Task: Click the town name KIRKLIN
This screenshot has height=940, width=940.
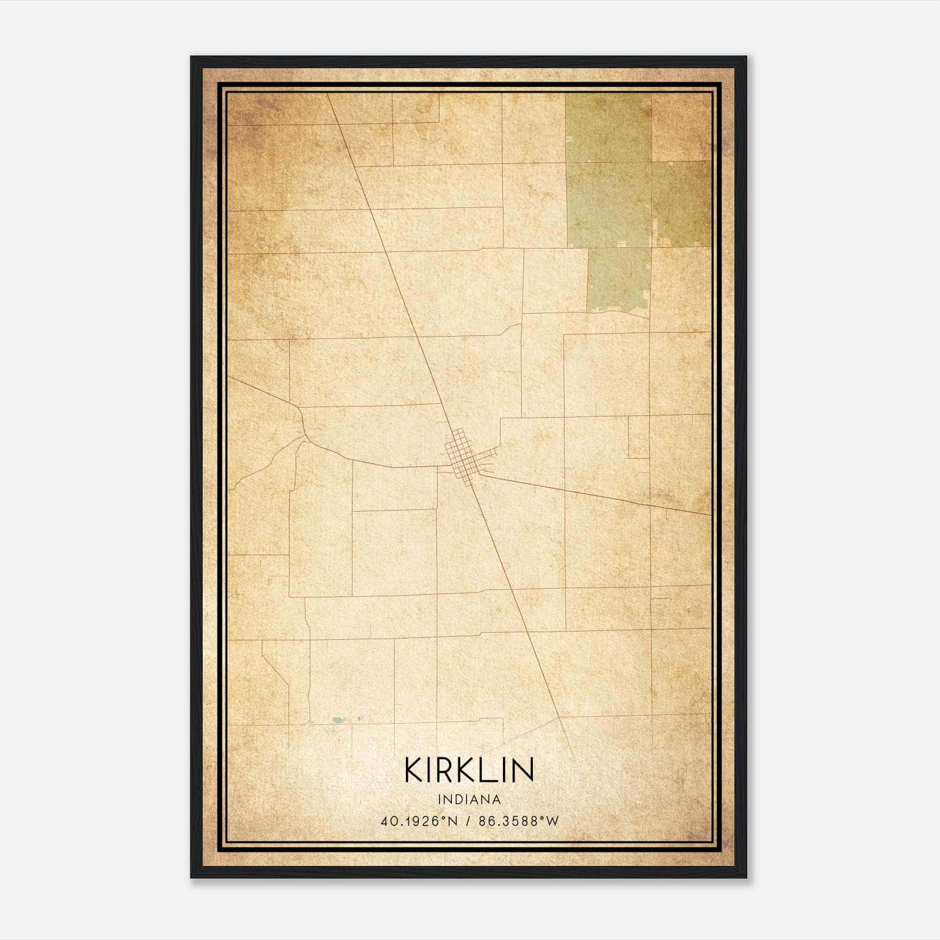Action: coord(469,770)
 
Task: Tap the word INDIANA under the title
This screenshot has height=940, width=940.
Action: coord(469,800)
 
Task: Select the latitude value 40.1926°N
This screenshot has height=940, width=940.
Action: coord(418,821)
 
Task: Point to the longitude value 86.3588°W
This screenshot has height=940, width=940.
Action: coord(519,821)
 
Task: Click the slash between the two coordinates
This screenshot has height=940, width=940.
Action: coord(468,821)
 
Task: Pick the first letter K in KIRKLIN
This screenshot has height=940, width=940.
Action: coord(414,770)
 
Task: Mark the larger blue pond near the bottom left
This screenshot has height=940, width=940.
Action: coord(337,719)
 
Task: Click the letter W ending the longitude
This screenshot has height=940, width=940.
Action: coord(552,821)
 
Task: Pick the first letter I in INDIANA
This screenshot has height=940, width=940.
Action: coord(439,800)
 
